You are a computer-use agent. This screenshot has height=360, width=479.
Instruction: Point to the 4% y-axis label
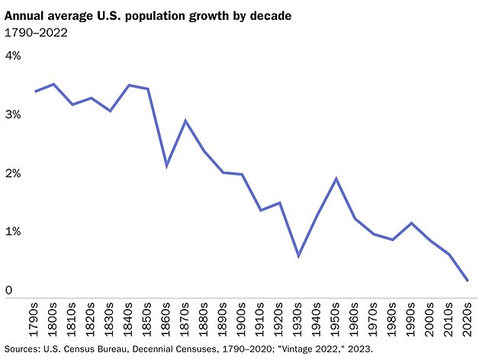[x=14, y=56]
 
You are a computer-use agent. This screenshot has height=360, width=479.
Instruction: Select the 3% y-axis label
[x=14, y=115]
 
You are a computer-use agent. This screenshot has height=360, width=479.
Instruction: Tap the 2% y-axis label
[x=14, y=174]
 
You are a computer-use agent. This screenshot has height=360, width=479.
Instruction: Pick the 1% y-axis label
[x=14, y=232]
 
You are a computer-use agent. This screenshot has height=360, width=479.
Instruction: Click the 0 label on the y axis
[x=9, y=291]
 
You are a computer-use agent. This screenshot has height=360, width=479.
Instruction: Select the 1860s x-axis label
[x=167, y=319]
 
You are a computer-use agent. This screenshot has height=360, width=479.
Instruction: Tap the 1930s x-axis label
[x=298, y=319]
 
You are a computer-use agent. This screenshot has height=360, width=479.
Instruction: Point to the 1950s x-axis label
[x=336, y=319]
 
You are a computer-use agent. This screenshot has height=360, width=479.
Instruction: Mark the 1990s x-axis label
[x=410, y=319]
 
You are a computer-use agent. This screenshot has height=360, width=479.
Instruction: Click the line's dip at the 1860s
[x=167, y=166]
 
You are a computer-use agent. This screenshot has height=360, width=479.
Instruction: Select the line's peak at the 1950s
[x=336, y=178]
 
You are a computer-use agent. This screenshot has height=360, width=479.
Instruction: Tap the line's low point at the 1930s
[x=298, y=256]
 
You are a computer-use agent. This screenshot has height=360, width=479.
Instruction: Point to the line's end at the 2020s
[x=467, y=281]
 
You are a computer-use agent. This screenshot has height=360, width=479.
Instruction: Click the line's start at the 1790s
[x=37, y=92]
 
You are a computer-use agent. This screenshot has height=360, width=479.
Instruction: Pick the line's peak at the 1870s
[x=185, y=121]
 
